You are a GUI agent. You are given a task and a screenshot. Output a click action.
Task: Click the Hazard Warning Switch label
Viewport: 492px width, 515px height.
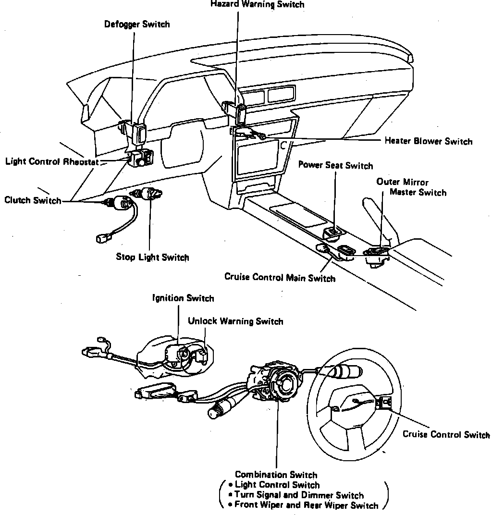257,4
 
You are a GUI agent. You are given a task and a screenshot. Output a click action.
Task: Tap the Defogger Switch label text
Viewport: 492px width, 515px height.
137,24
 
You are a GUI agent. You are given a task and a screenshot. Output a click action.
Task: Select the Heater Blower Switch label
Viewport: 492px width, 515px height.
428,141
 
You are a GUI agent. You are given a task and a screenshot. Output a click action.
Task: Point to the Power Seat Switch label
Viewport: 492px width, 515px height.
335,166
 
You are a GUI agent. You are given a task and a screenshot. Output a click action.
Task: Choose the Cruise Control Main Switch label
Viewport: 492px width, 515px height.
280,278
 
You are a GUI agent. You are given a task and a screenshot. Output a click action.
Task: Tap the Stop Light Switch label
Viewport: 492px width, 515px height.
152,257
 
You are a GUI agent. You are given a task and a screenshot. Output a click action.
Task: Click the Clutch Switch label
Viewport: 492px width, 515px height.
33,200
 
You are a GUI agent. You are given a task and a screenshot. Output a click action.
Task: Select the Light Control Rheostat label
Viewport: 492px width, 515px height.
52,161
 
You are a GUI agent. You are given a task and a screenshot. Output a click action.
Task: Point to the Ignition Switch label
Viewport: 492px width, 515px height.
183,298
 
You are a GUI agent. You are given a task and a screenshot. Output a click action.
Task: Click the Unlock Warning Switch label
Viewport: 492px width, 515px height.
235,321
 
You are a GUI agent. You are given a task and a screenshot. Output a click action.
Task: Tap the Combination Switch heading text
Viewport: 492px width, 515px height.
276,475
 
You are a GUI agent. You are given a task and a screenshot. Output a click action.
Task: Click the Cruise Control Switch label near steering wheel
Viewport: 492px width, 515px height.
446,435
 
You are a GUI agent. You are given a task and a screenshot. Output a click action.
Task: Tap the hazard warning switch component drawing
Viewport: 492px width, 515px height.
240,114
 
